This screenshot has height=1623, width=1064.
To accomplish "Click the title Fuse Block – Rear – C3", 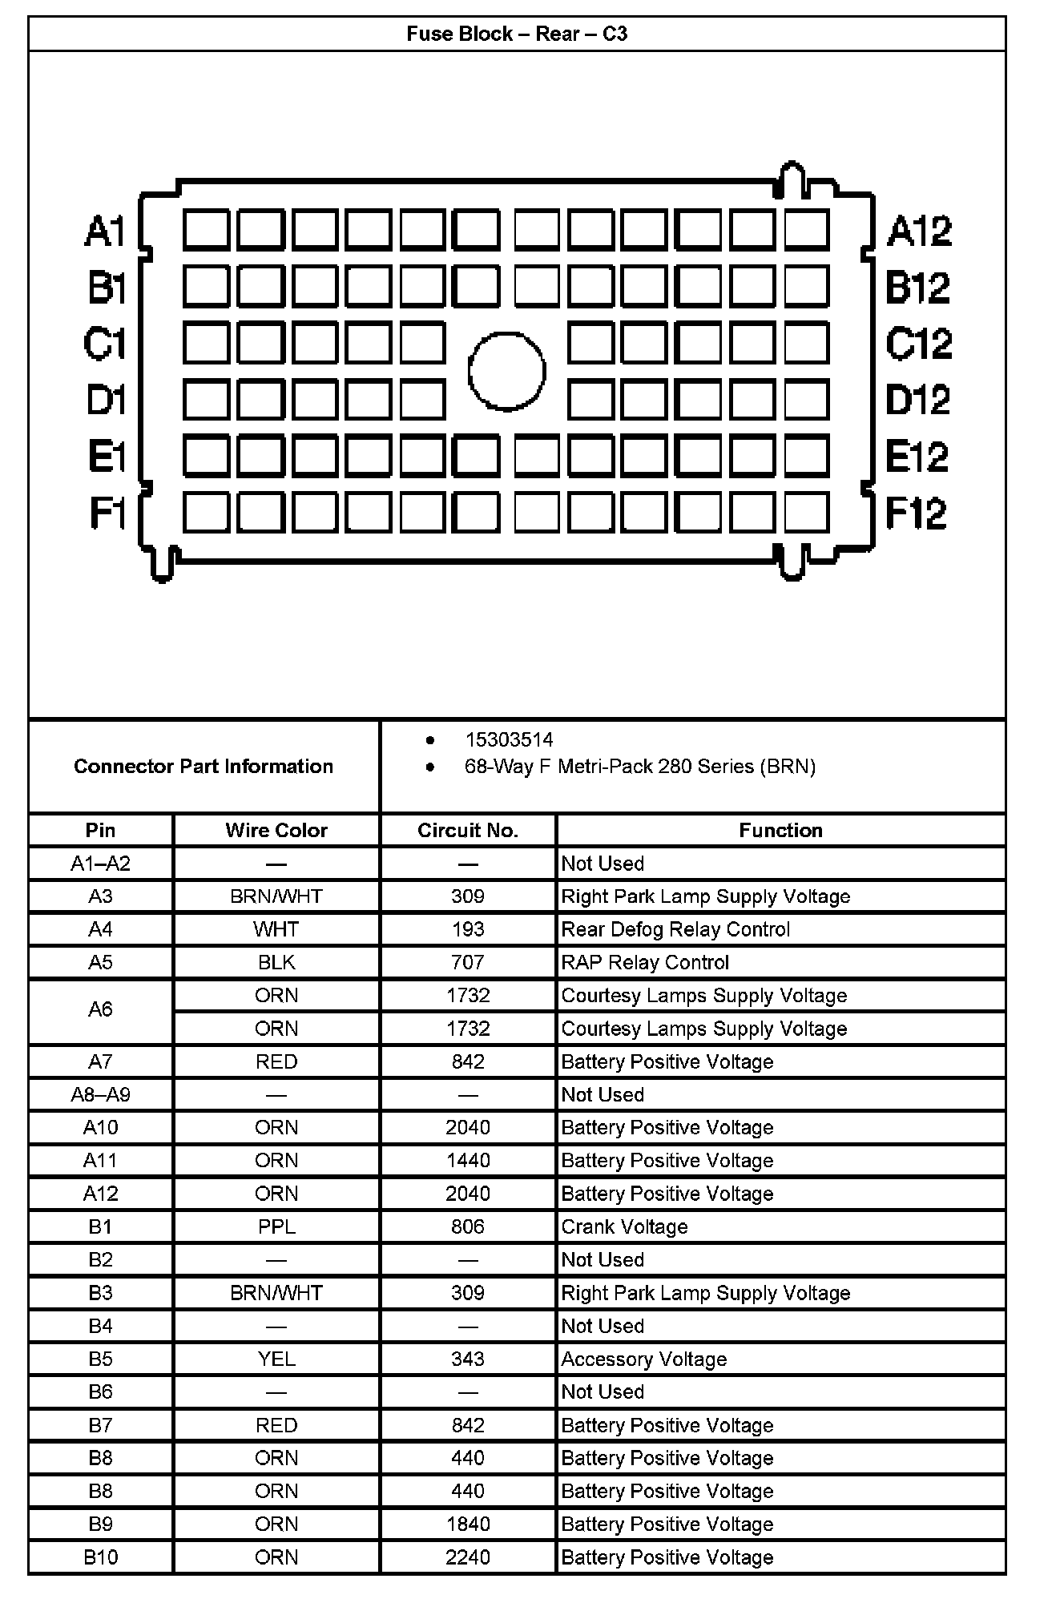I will (517, 34).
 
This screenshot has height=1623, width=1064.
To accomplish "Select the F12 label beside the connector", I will (917, 513).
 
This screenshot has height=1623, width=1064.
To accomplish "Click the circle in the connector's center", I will (506, 372).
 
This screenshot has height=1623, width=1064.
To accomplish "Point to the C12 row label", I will (918, 344).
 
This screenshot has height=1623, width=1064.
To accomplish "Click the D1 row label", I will (107, 400).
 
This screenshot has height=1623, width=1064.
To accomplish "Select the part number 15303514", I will (509, 739).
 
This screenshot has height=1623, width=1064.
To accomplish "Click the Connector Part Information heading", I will (204, 767).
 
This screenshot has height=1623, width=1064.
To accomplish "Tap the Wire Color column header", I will (276, 830).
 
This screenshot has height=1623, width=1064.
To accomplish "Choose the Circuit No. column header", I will (468, 830).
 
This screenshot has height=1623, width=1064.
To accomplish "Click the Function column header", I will (780, 830).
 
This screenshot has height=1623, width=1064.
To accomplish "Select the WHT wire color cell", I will (276, 929).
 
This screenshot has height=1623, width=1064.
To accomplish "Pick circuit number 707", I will (468, 962).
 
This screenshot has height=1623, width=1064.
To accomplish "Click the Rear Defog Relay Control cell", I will (675, 929).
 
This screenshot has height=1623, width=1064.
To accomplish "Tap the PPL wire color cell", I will (276, 1226).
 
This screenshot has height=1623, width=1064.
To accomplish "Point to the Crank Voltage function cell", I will (624, 1226).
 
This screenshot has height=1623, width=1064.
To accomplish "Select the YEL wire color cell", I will (276, 1359).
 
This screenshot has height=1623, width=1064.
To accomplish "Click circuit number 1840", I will (468, 1524).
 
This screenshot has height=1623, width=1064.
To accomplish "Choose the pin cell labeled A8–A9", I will (100, 1094).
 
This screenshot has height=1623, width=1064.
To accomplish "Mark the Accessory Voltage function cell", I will (643, 1359).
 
